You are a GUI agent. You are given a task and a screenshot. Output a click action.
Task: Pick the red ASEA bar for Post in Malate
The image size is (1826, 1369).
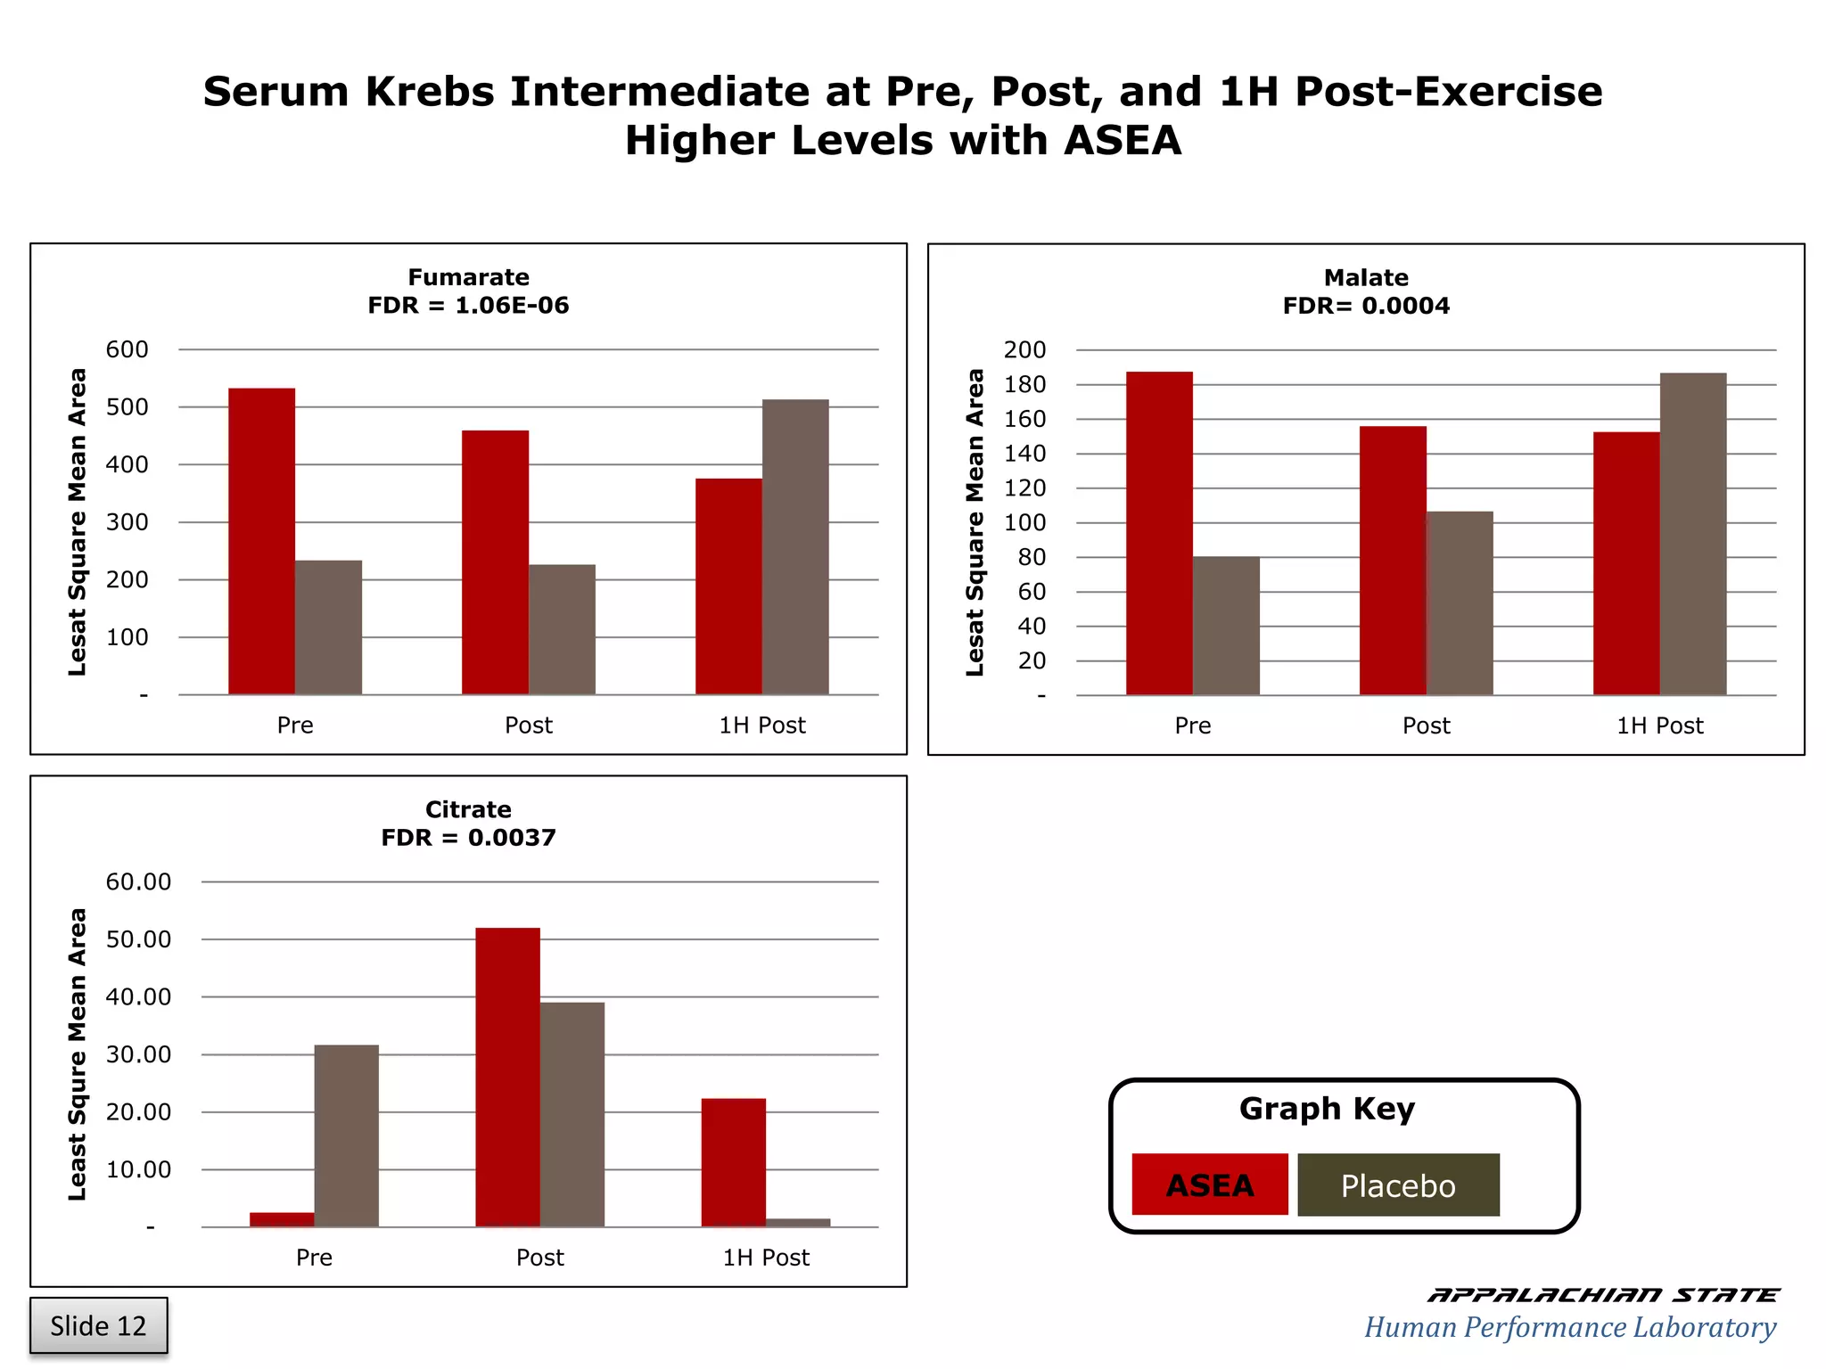pos(1393,561)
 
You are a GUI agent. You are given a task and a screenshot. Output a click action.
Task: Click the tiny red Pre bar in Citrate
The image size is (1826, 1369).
pos(282,1219)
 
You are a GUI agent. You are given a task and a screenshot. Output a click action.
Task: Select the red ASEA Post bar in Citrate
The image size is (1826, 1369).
pos(507,1078)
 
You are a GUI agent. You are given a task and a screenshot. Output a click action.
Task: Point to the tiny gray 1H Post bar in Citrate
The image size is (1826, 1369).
pos(798,1223)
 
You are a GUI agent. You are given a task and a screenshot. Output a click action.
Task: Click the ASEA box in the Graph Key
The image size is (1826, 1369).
pos(1210,1185)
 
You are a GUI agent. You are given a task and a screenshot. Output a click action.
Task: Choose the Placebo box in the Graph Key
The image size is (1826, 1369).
pos(1398,1185)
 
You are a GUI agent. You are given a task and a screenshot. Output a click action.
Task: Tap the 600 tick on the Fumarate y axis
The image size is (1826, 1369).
pos(127,349)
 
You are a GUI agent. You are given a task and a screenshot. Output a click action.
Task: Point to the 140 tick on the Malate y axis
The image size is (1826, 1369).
pos(1025,454)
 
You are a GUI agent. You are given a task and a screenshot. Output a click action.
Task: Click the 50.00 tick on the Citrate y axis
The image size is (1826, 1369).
pos(138,939)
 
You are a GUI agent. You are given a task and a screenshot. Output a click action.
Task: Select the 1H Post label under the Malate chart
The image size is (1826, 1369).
pos(1659,725)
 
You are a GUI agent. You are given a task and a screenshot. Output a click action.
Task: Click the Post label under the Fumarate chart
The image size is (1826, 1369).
pos(529,725)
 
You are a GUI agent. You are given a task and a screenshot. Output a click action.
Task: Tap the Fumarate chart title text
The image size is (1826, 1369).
pos(468,277)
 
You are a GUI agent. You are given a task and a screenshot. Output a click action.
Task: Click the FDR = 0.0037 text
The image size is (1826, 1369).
pos(468,838)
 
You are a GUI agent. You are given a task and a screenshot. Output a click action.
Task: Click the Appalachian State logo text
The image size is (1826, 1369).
pos(1602,1295)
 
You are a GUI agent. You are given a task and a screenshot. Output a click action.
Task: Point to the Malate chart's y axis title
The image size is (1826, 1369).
pos(975,522)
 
